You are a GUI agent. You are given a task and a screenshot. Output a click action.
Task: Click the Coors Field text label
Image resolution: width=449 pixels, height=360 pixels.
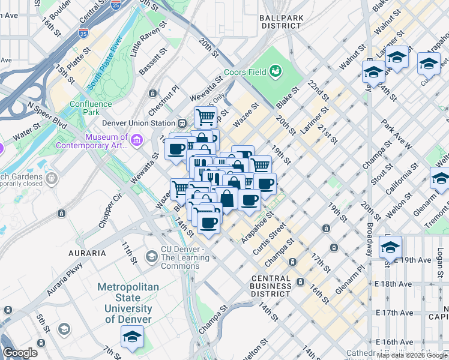(x=245, y=73)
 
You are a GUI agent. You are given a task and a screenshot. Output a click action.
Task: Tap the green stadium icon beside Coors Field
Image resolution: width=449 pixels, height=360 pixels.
(x=276, y=72)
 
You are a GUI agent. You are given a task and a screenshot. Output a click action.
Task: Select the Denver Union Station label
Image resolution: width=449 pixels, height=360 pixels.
(x=137, y=123)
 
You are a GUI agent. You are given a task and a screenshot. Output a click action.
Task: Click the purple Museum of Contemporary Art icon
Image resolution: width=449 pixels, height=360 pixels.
(x=137, y=141)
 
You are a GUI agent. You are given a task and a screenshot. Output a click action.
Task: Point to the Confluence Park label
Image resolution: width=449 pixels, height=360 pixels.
(x=90, y=108)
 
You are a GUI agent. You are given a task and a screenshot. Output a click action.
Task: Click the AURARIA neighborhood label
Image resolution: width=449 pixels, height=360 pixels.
(x=88, y=253)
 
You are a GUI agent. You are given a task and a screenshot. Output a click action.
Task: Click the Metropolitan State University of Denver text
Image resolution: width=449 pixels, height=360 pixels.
(x=128, y=303)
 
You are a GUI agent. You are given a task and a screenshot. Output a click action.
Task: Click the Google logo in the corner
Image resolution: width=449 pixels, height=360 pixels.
(x=20, y=353)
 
